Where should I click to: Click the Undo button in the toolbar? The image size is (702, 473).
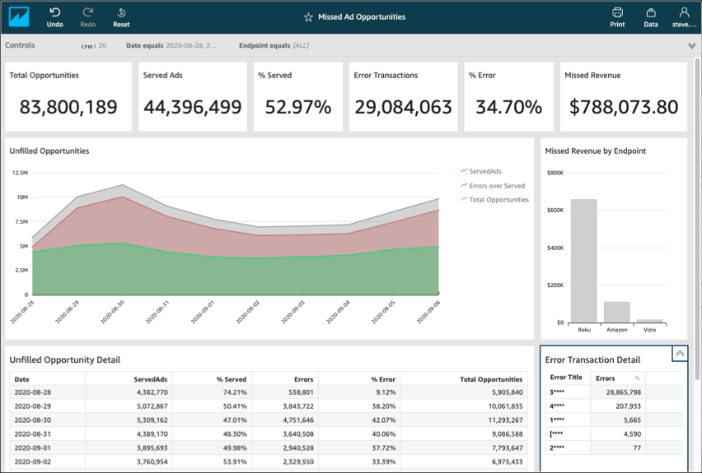(55, 16)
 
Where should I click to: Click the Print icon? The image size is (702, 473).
(617, 16)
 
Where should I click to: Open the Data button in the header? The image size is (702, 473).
(651, 16)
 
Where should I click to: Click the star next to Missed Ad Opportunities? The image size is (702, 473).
(308, 17)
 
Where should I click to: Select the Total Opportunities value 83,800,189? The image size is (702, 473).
(68, 107)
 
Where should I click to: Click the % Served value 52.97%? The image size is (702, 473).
(294, 107)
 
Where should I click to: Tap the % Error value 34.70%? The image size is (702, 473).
(505, 107)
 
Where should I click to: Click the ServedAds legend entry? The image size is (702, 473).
(484, 171)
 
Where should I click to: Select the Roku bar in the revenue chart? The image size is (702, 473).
(583, 261)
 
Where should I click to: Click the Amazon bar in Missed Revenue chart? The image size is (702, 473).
(616, 312)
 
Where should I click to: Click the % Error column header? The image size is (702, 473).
(382, 379)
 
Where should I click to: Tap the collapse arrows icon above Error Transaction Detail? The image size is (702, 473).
(680, 354)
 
